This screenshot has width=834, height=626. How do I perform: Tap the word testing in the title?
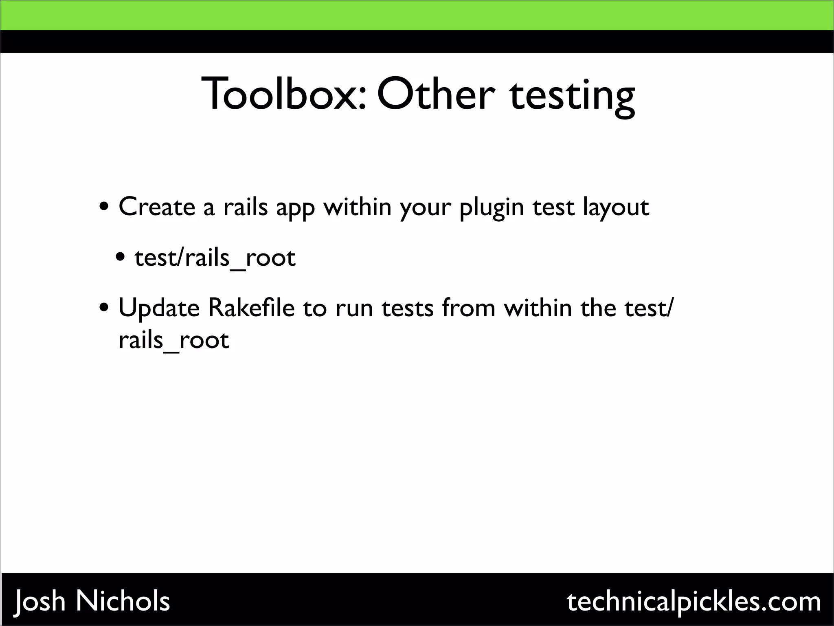(x=572, y=96)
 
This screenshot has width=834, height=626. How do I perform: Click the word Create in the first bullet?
(x=157, y=207)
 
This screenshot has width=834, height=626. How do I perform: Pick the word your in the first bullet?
(x=425, y=209)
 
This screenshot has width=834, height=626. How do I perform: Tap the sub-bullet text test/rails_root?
(x=215, y=258)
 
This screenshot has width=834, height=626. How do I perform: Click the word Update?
(x=159, y=308)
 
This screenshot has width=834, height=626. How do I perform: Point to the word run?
(x=353, y=309)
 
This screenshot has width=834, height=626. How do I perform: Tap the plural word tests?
(x=408, y=308)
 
